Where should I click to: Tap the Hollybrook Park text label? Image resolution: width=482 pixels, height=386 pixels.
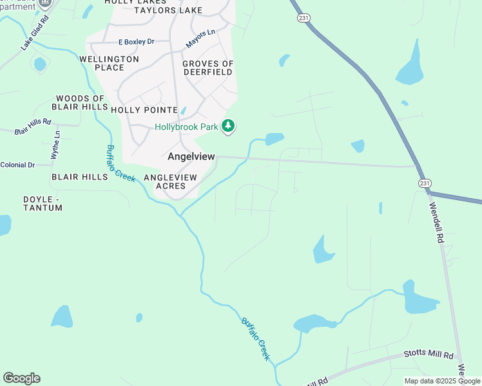tap(186, 127)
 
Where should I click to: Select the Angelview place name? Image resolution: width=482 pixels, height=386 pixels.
tap(191, 156)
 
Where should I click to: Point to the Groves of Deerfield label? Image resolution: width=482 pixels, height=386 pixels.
tap(207, 68)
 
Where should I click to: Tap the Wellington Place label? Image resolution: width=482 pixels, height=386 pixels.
tap(109, 63)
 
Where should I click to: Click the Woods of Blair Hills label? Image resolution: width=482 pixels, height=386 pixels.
tap(80, 103)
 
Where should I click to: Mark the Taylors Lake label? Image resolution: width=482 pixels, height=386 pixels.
tap(168, 11)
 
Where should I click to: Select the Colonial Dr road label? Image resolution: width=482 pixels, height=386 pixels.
tap(17, 165)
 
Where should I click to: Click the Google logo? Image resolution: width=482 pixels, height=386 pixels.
tap(21, 378)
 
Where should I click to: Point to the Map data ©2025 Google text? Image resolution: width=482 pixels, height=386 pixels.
tap(442, 381)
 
